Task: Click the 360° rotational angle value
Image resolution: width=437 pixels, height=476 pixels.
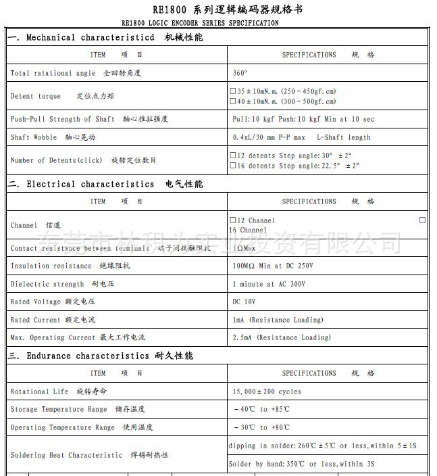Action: coord(240,73)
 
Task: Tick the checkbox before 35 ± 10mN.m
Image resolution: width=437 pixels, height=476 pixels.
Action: coord(233,91)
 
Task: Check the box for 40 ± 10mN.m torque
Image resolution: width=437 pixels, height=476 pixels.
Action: coord(233,101)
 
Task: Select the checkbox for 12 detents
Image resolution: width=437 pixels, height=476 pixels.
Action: coord(233,156)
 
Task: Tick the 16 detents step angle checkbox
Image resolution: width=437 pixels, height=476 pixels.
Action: coord(233,166)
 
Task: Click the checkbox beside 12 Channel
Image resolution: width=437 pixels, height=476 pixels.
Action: coord(233,220)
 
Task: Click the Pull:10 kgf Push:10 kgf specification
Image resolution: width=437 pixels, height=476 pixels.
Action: coord(303,119)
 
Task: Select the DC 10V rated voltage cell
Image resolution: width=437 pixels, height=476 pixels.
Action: coord(244,302)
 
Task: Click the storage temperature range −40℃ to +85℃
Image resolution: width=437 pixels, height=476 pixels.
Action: coord(261,409)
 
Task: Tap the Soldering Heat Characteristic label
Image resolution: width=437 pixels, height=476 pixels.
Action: coord(89,455)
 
